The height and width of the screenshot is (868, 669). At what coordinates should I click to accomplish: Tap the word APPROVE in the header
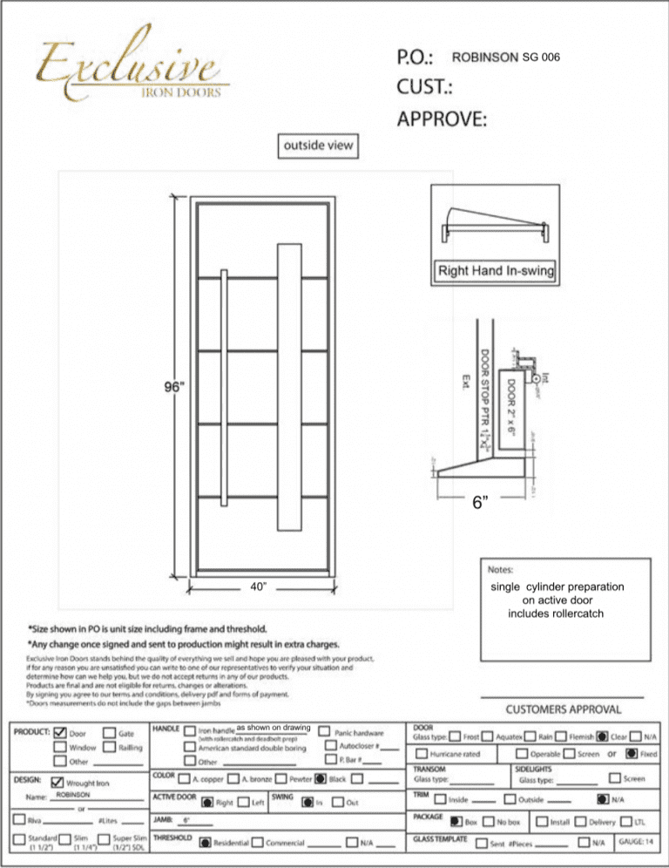pyautogui.click(x=443, y=118)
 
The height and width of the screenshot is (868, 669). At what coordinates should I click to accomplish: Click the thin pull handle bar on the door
pyautogui.click(x=225, y=386)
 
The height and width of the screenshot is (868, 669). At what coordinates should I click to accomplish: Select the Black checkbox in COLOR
pyautogui.click(x=321, y=778)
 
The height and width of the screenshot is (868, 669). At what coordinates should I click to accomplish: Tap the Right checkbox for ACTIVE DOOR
pyautogui.click(x=206, y=802)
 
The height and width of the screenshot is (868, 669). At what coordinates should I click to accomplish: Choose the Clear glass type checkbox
pyautogui.click(x=603, y=736)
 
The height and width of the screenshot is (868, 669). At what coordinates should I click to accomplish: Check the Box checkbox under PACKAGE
pyautogui.click(x=456, y=820)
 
